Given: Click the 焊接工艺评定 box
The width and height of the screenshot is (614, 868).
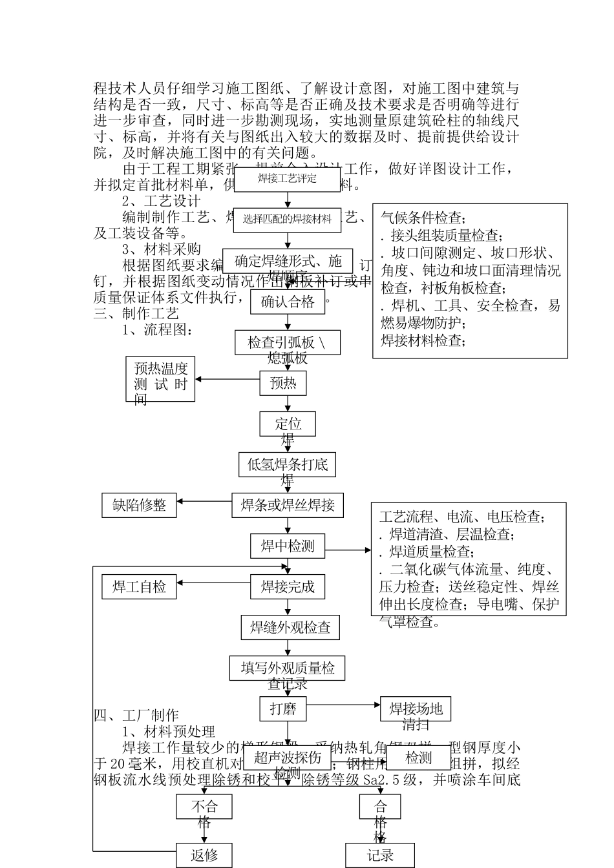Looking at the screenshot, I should [x=287, y=179].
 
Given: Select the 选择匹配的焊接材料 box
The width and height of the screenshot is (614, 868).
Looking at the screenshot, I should [x=287, y=220].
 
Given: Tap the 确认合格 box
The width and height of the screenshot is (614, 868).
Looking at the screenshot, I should [x=288, y=302].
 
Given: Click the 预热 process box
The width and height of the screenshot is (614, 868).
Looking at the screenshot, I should [x=283, y=384].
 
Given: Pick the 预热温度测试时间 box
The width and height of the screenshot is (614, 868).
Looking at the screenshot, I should [x=160, y=379].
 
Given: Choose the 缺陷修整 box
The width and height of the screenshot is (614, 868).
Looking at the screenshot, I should [x=140, y=505].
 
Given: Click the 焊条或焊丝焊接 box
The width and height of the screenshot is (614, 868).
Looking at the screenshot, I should [x=288, y=505].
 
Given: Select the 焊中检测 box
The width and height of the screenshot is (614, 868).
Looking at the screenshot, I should [x=288, y=546].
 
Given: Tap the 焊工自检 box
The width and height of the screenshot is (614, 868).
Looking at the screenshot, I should [x=140, y=587].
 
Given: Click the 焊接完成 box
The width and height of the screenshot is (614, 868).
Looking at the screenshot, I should [x=288, y=587].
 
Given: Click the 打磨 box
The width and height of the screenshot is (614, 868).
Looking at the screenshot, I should [x=283, y=709].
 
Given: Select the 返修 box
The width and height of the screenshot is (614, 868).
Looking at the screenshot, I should [x=204, y=856].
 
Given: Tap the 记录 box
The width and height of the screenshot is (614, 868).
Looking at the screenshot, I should [x=380, y=856].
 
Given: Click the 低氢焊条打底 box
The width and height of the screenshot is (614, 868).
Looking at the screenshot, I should [x=288, y=464].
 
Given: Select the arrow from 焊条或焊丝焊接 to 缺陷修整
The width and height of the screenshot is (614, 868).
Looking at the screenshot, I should [x=204, y=501].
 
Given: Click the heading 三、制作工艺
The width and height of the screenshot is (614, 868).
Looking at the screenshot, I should [x=136, y=314].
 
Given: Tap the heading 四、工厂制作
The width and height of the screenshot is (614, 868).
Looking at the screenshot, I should [x=136, y=716].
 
